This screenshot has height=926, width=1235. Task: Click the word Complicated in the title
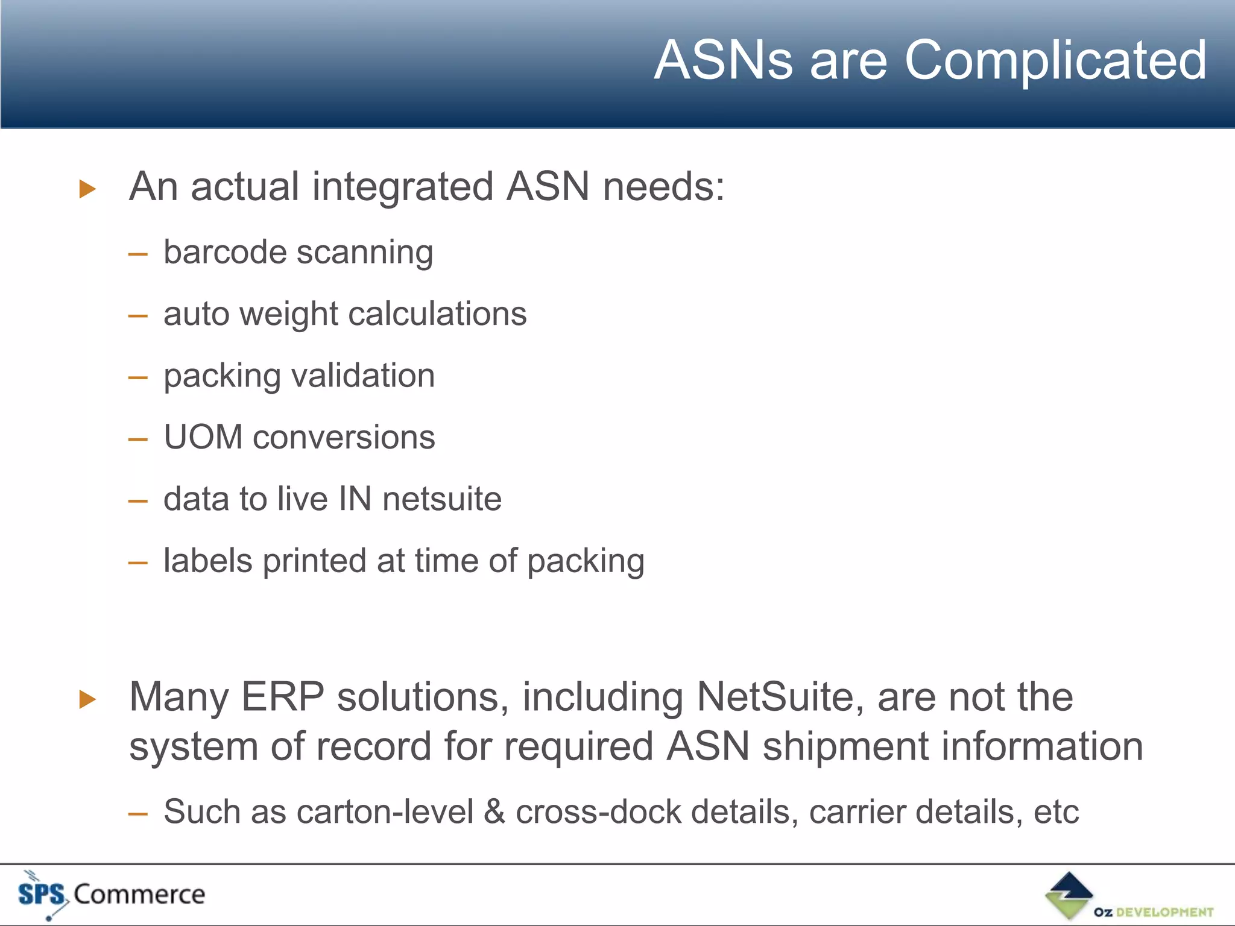click(1055, 60)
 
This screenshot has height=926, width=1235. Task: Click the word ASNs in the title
click(723, 60)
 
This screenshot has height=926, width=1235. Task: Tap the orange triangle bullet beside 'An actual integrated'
click(88, 189)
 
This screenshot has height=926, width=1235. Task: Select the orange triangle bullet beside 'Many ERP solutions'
click(88, 699)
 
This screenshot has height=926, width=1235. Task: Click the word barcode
click(225, 252)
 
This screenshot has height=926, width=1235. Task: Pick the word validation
click(363, 376)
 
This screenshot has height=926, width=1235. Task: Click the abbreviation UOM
click(203, 437)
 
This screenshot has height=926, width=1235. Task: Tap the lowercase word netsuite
click(441, 499)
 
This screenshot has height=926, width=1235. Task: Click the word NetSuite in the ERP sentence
click(780, 697)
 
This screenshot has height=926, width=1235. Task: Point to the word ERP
click(283, 697)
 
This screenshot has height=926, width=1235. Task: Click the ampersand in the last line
click(494, 811)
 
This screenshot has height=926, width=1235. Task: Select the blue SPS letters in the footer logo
click(41, 893)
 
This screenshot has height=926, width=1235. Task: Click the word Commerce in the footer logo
click(139, 894)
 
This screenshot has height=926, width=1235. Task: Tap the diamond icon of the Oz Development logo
click(1069, 895)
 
